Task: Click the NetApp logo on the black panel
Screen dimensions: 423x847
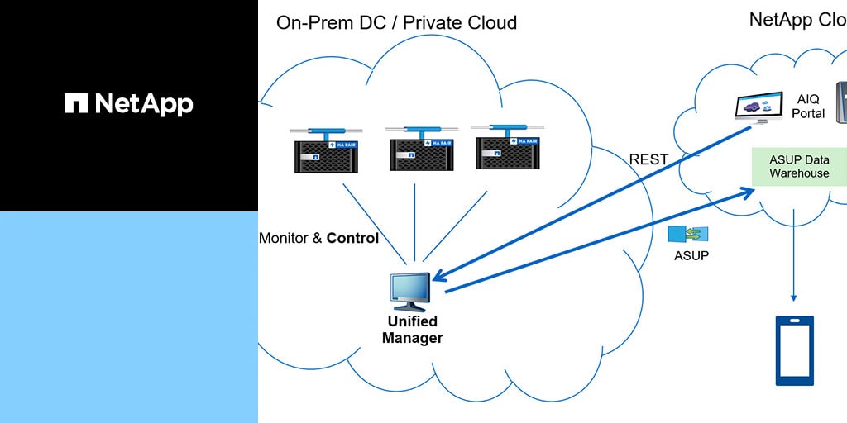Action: [129, 103]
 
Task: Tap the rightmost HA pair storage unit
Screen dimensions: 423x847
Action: [506, 146]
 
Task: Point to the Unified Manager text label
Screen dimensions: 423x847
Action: [412, 329]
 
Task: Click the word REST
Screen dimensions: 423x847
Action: [648, 159]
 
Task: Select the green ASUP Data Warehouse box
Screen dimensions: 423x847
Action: [799, 166]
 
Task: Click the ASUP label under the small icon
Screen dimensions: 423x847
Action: [691, 255]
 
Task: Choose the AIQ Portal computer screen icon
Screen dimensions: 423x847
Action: [758, 107]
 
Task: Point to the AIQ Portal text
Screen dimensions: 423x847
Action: [808, 106]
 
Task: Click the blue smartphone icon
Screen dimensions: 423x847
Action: [794, 350]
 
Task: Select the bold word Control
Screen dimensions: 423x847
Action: [352, 238]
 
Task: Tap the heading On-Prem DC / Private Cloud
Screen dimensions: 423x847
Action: [396, 22]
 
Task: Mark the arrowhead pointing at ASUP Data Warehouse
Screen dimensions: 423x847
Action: [749, 192]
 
